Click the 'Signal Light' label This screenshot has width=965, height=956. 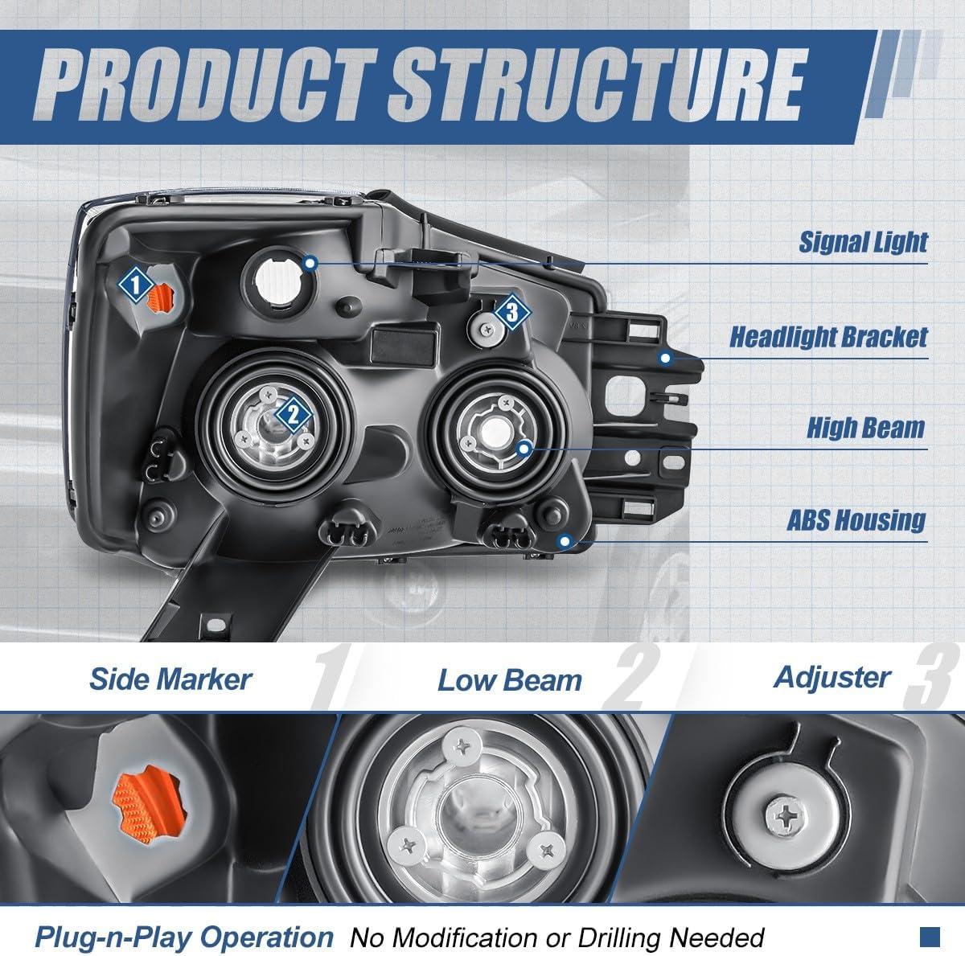pos(863,242)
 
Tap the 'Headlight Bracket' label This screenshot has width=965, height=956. pos(828,337)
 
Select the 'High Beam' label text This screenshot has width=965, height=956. pos(865,428)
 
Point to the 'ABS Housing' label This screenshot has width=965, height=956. pos(856,520)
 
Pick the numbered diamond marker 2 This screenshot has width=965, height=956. pos(294,415)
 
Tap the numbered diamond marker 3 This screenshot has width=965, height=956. pos(511,312)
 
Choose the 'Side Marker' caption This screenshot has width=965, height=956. pos(170,679)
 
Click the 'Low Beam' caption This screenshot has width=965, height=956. pos(509,681)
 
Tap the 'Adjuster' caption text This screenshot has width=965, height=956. pos(832,677)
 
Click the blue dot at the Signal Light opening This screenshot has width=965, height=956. pos(311,262)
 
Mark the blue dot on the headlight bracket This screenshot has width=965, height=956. pos(665,358)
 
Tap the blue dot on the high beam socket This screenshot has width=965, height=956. pos(524,448)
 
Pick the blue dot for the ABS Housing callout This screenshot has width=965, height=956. pos(565,540)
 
